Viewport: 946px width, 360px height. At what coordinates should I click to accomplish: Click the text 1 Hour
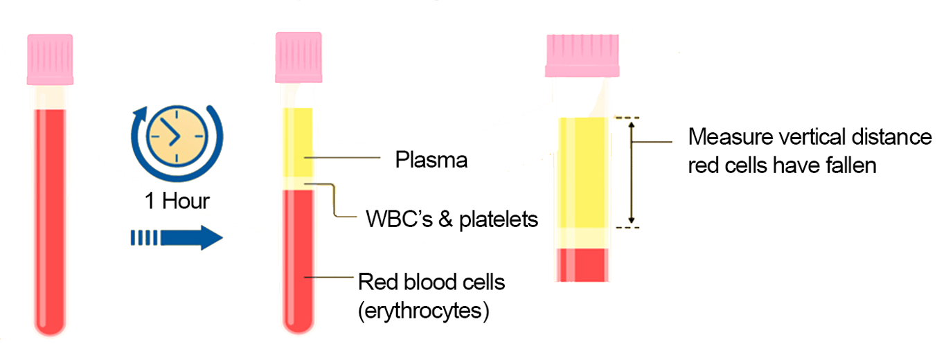tap(177, 201)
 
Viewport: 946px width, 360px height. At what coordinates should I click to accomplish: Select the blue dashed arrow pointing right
tap(177, 239)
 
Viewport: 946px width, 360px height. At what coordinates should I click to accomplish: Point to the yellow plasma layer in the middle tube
tap(298, 142)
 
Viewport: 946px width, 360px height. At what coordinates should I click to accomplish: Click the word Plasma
tap(431, 160)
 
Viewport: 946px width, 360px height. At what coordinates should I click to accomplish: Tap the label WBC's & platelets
tap(452, 220)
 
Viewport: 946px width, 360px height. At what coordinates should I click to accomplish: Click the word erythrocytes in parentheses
tap(424, 311)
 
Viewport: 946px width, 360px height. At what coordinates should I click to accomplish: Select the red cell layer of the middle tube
tap(298, 263)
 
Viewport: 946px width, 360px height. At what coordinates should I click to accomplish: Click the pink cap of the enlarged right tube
tap(582, 55)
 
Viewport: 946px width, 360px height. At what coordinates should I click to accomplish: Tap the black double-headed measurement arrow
tap(631, 172)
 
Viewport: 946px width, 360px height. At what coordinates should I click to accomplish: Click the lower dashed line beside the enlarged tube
tap(622, 226)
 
